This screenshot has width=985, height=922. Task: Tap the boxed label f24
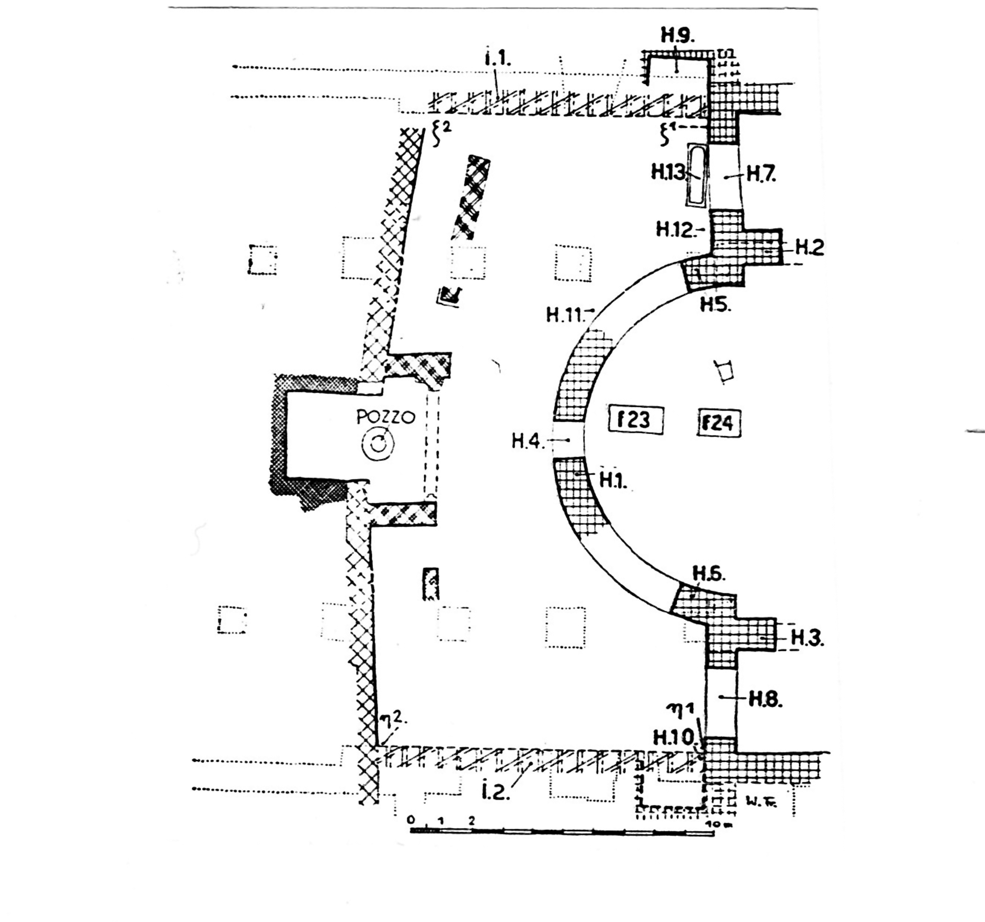pos(719,423)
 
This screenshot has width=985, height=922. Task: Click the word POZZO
pos(386,417)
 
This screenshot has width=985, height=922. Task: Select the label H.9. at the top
pos(678,36)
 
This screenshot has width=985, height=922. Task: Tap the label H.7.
pos(761,174)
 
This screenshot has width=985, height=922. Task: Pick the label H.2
pos(809,247)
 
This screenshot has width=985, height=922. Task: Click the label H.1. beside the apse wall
pos(613,480)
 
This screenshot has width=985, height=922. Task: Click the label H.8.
pos(765,700)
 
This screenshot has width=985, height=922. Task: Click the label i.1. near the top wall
pos(497,60)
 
